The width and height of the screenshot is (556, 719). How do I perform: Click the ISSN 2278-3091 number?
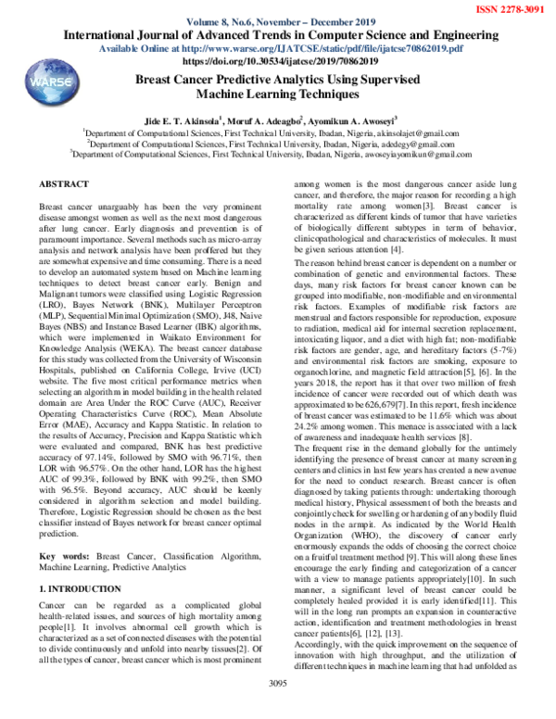tap(511, 10)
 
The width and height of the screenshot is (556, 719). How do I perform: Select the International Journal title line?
tap(278, 36)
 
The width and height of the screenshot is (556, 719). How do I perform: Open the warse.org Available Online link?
tap(278, 49)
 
